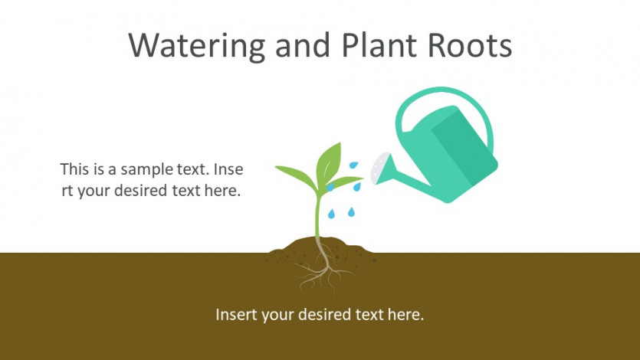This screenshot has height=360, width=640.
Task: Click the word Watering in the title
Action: coord(197,46)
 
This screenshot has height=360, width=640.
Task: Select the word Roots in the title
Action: coord(469,45)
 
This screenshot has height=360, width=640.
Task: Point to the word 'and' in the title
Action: coord(303,44)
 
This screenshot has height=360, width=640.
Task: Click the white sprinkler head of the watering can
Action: coord(379,168)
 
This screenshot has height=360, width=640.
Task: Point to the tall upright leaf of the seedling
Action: coord(329,162)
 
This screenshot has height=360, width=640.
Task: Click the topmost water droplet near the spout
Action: coord(353,165)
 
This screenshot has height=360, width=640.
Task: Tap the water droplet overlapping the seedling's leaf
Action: coord(330,187)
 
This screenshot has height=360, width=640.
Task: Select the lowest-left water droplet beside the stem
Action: coord(331,214)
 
